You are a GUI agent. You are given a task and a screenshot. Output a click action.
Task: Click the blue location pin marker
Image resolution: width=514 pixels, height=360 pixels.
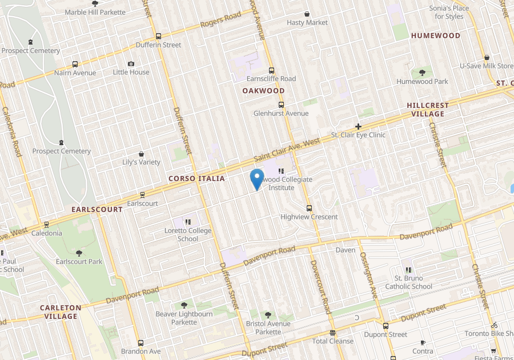click(x=257, y=178)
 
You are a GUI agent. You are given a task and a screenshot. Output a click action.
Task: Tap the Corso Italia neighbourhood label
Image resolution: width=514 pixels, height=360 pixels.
click(x=196, y=179)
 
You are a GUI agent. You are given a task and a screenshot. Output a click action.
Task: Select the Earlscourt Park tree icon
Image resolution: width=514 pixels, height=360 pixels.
click(x=79, y=253)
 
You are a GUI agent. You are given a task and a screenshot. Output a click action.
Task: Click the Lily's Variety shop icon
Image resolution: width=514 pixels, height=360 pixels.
click(x=142, y=154)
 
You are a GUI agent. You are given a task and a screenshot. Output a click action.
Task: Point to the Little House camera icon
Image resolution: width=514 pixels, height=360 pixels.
click(x=131, y=64)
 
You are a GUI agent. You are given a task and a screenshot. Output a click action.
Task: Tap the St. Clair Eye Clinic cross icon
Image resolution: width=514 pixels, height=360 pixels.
click(x=359, y=126)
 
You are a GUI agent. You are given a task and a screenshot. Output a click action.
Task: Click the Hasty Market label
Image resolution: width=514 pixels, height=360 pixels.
click(x=307, y=22)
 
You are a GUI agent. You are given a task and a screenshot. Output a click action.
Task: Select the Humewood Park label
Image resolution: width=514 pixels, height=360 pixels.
click(x=422, y=82)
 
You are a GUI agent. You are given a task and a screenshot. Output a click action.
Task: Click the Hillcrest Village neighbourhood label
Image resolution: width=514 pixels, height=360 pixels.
click(x=428, y=109)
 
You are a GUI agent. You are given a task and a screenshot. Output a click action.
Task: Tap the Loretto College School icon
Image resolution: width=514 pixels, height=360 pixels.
click(x=188, y=222)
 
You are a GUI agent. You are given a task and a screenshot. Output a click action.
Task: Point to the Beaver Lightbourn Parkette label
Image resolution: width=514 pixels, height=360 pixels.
click(x=184, y=318)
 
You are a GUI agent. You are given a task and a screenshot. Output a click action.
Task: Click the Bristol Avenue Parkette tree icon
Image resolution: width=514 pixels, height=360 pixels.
click(x=268, y=315)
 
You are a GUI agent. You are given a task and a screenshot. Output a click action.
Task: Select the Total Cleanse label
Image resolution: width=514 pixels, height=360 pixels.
click(x=332, y=341)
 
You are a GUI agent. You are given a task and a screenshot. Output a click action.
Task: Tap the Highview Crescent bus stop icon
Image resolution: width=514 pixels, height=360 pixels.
click(x=309, y=208)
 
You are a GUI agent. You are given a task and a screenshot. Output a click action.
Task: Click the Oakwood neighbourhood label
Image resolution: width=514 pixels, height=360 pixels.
click(x=263, y=91)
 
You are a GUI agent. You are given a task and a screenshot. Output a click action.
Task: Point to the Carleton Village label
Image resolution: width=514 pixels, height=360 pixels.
click(x=61, y=311)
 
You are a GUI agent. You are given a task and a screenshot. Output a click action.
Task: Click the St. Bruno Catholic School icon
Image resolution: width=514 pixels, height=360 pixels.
click(x=408, y=269)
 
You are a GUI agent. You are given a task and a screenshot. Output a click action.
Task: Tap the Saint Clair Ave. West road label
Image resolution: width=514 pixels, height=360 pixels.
click(x=287, y=150)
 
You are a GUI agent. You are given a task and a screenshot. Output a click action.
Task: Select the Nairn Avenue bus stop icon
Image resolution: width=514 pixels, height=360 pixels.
click(x=75, y=65)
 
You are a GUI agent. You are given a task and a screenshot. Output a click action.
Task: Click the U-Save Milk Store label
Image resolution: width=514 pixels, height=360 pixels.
click(x=487, y=66)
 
